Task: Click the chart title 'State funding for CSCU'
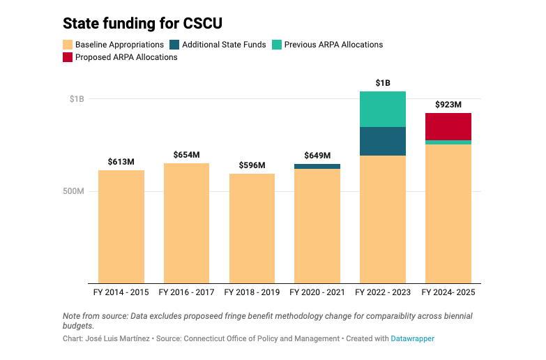[142, 23]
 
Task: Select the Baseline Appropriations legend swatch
[68, 45]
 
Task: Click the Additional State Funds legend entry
[217, 45]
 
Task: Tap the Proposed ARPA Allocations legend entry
[120, 57]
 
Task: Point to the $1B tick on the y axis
[76, 99]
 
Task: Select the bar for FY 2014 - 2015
[121, 226]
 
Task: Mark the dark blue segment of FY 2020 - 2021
[317, 166]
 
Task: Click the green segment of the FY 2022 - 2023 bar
[383, 109]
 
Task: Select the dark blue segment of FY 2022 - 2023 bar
[383, 141]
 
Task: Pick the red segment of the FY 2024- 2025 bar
[448, 126]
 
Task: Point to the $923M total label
[448, 105]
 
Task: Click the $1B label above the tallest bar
[383, 83]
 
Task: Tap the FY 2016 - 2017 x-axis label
[186, 292]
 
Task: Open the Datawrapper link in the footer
[412, 338]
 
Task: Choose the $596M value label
[252, 165]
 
